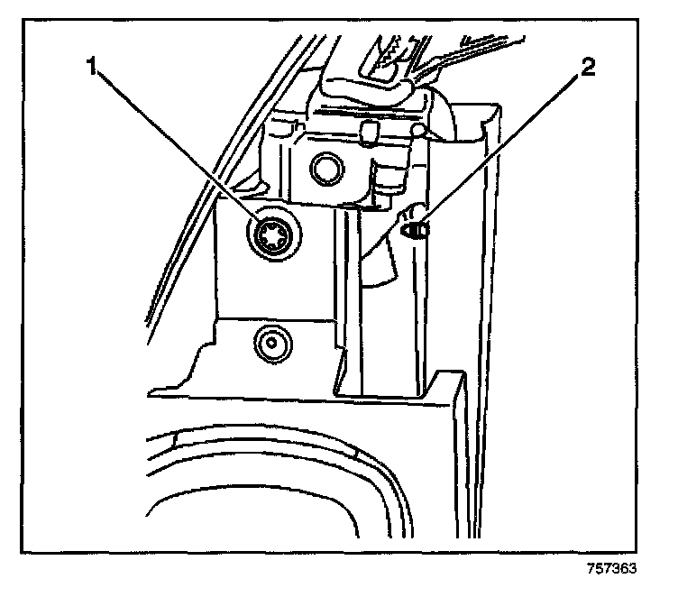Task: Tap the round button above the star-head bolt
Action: [x=325, y=167]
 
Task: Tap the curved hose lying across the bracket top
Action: [x=370, y=90]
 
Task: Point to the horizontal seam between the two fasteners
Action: [x=270, y=317]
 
